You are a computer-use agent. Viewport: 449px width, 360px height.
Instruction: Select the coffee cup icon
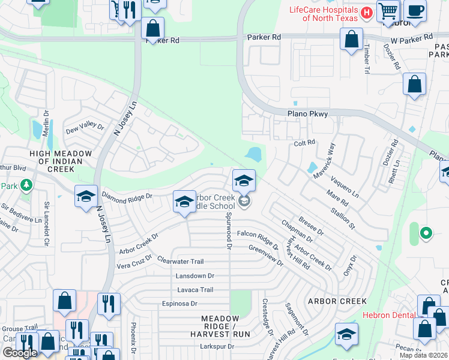415,10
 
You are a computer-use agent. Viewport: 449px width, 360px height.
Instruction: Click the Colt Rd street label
305,143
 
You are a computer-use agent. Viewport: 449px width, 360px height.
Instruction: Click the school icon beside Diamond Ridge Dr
86,196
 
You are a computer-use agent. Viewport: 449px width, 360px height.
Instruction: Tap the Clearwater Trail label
181,262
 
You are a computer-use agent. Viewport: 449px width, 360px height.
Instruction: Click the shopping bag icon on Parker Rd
153,28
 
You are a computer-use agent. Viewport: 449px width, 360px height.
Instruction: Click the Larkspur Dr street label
217,347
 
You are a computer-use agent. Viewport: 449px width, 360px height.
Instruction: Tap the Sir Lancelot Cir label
46,220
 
